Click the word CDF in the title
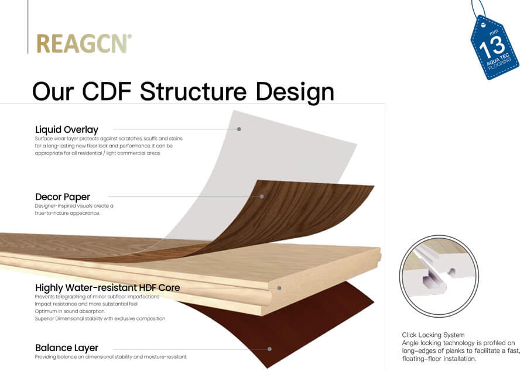[107, 91]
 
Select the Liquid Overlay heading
[67, 129]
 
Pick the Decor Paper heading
[63, 197]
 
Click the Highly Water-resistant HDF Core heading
[108, 288]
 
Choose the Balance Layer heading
[67, 348]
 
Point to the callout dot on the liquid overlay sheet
[239, 129]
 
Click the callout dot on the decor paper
[262, 196]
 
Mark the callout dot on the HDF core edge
[279, 288]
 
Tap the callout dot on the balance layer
[269, 349]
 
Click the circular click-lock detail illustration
[439, 276]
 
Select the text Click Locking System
[433, 335]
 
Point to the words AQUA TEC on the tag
[498, 60]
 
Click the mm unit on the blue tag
[494, 32]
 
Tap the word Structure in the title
[193, 91]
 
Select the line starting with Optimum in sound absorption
[70, 311]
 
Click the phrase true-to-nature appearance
[67, 213]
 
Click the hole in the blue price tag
[483, 25]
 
